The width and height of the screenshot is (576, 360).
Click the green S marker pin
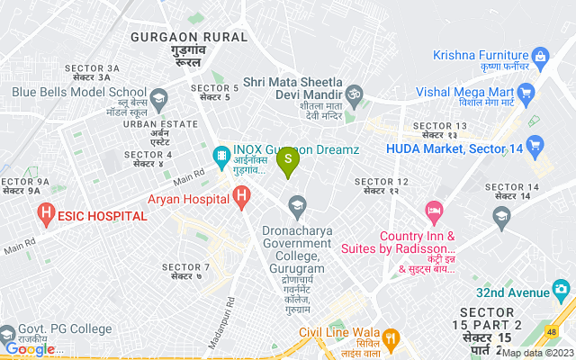click(288, 163)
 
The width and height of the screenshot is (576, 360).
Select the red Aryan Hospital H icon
click(240, 195)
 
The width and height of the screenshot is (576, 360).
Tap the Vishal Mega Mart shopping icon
click(526, 93)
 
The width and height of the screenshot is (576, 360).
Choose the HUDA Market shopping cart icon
click(534, 144)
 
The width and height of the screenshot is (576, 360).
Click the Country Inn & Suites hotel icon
click(435, 212)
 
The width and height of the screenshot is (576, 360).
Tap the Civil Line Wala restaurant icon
click(390, 339)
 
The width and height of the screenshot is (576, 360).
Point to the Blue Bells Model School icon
click(159, 96)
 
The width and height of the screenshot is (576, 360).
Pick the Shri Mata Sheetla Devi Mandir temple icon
click(354, 92)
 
